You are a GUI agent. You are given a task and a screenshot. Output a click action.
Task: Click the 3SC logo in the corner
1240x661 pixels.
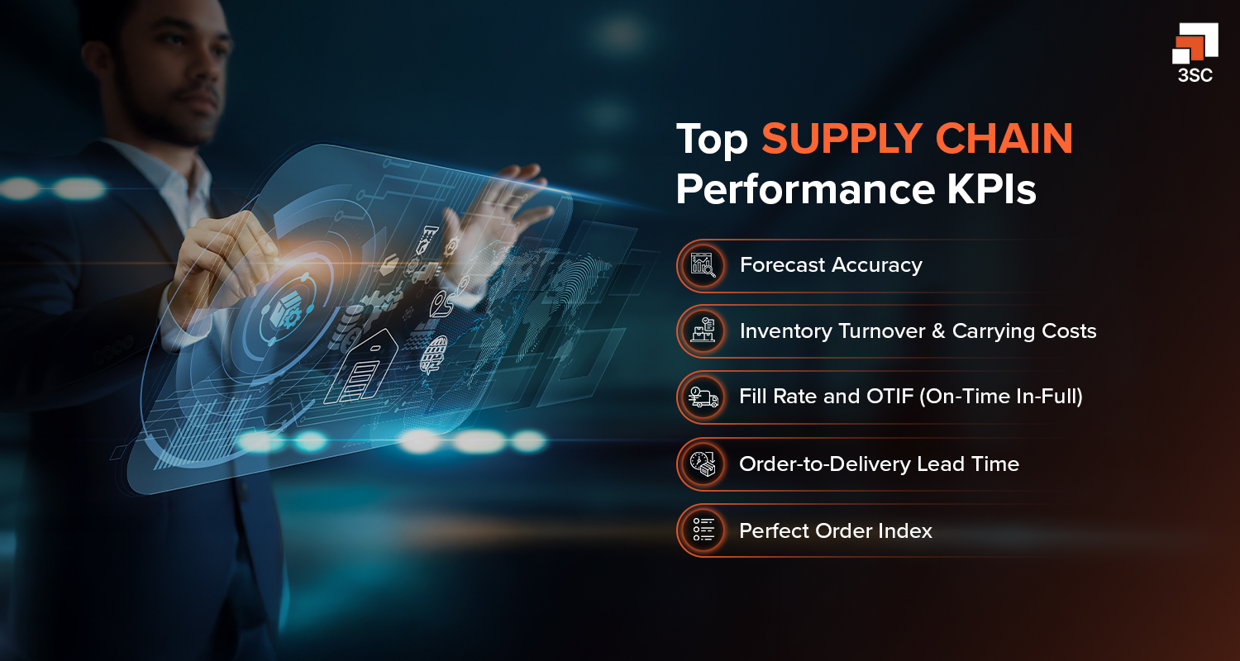coord(1195,55)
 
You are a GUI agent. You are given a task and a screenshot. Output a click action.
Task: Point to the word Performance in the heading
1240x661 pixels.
coord(802,189)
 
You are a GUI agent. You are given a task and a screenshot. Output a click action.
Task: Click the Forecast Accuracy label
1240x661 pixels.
coord(831,265)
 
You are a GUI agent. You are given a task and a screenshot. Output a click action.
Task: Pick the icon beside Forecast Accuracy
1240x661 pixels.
coord(703,265)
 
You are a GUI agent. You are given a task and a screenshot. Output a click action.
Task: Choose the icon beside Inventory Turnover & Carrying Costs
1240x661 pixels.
coord(703,331)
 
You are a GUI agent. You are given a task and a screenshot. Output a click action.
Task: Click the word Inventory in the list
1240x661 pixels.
coord(785,331)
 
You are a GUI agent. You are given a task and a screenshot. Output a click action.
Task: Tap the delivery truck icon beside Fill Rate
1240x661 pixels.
coord(703,397)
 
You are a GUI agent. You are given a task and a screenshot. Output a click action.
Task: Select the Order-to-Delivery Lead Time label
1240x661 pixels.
coord(879,464)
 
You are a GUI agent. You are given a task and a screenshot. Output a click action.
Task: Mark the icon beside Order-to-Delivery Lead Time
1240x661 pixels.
coord(703,464)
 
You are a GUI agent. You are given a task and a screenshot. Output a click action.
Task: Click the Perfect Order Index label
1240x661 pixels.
coord(836,531)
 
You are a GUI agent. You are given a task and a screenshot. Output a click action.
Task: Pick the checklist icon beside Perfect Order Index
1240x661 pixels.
coord(703,530)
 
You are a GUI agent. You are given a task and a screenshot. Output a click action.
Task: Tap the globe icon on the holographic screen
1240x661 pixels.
coord(434,354)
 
